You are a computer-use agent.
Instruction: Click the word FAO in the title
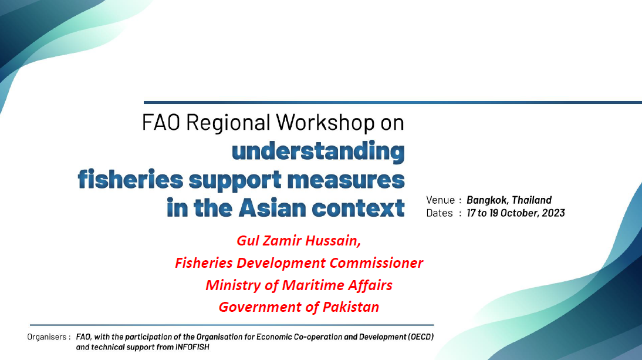click(x=161, y=123)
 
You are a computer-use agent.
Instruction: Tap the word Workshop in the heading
click(x=326, y=123)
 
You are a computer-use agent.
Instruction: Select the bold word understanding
click(x=318, y=151)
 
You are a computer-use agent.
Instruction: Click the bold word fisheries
click(x=131, y=179)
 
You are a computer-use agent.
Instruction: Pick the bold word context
click(x=358, y=208)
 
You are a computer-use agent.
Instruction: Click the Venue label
click(x=441, y=200)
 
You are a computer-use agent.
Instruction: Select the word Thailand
click(x=532, y=200)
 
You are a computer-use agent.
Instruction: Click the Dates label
click(x=440, y=213)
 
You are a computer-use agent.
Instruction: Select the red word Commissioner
click(x=376, y=263)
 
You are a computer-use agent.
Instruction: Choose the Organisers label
click(x=47, y=337)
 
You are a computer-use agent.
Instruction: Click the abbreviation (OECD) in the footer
click(x=421, y=337)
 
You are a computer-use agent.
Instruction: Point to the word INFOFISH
click(x=192, y=347)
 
